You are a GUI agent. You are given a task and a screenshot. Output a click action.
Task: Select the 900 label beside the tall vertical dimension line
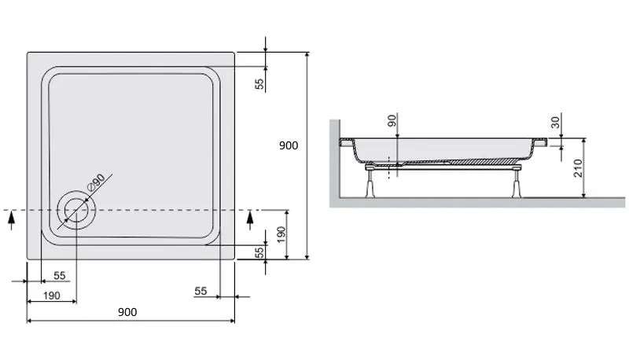289,146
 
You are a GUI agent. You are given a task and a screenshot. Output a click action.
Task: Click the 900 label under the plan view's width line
127,312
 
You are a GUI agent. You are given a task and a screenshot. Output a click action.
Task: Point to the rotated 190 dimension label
281,233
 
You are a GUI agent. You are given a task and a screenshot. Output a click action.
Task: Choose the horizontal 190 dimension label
52,295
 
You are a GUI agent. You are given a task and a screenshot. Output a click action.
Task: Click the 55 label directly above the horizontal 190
59,275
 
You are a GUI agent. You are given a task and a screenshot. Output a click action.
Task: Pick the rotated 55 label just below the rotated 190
259,252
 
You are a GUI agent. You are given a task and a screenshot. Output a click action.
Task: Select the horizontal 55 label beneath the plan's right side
200,291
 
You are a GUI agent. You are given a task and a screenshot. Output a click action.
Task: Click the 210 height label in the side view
579,168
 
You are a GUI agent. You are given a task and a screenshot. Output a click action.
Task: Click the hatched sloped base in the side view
472,160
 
